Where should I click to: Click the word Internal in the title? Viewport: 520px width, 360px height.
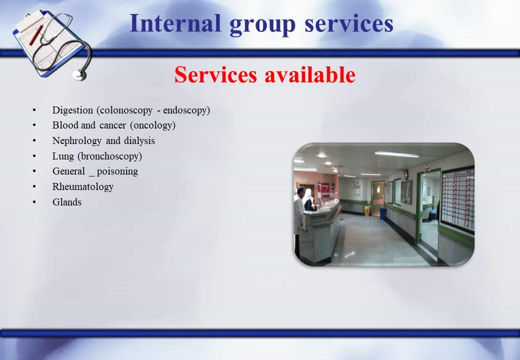coord(175,23)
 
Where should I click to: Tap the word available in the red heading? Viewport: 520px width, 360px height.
coord(309,74)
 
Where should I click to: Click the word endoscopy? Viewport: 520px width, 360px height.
coord(186,110)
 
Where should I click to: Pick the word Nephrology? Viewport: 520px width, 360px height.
coord(76,141)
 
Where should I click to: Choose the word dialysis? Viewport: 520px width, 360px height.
coord(139,141)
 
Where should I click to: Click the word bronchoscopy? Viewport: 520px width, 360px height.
coord(109,156)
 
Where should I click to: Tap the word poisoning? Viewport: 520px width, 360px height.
coord(117,171)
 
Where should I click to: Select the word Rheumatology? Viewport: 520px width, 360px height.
coord(83,187)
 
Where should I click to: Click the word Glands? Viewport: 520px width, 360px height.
coord(67,202)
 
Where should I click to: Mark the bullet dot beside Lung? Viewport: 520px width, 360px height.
coord(34,156)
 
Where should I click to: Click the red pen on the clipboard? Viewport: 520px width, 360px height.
coord(36,35)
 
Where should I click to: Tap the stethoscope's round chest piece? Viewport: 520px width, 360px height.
coord(79,75)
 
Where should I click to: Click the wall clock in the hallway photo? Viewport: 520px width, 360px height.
coord(406,174)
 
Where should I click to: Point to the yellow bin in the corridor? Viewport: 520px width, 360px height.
coord(366,210)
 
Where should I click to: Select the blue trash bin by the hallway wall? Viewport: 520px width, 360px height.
coord(382,213)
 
